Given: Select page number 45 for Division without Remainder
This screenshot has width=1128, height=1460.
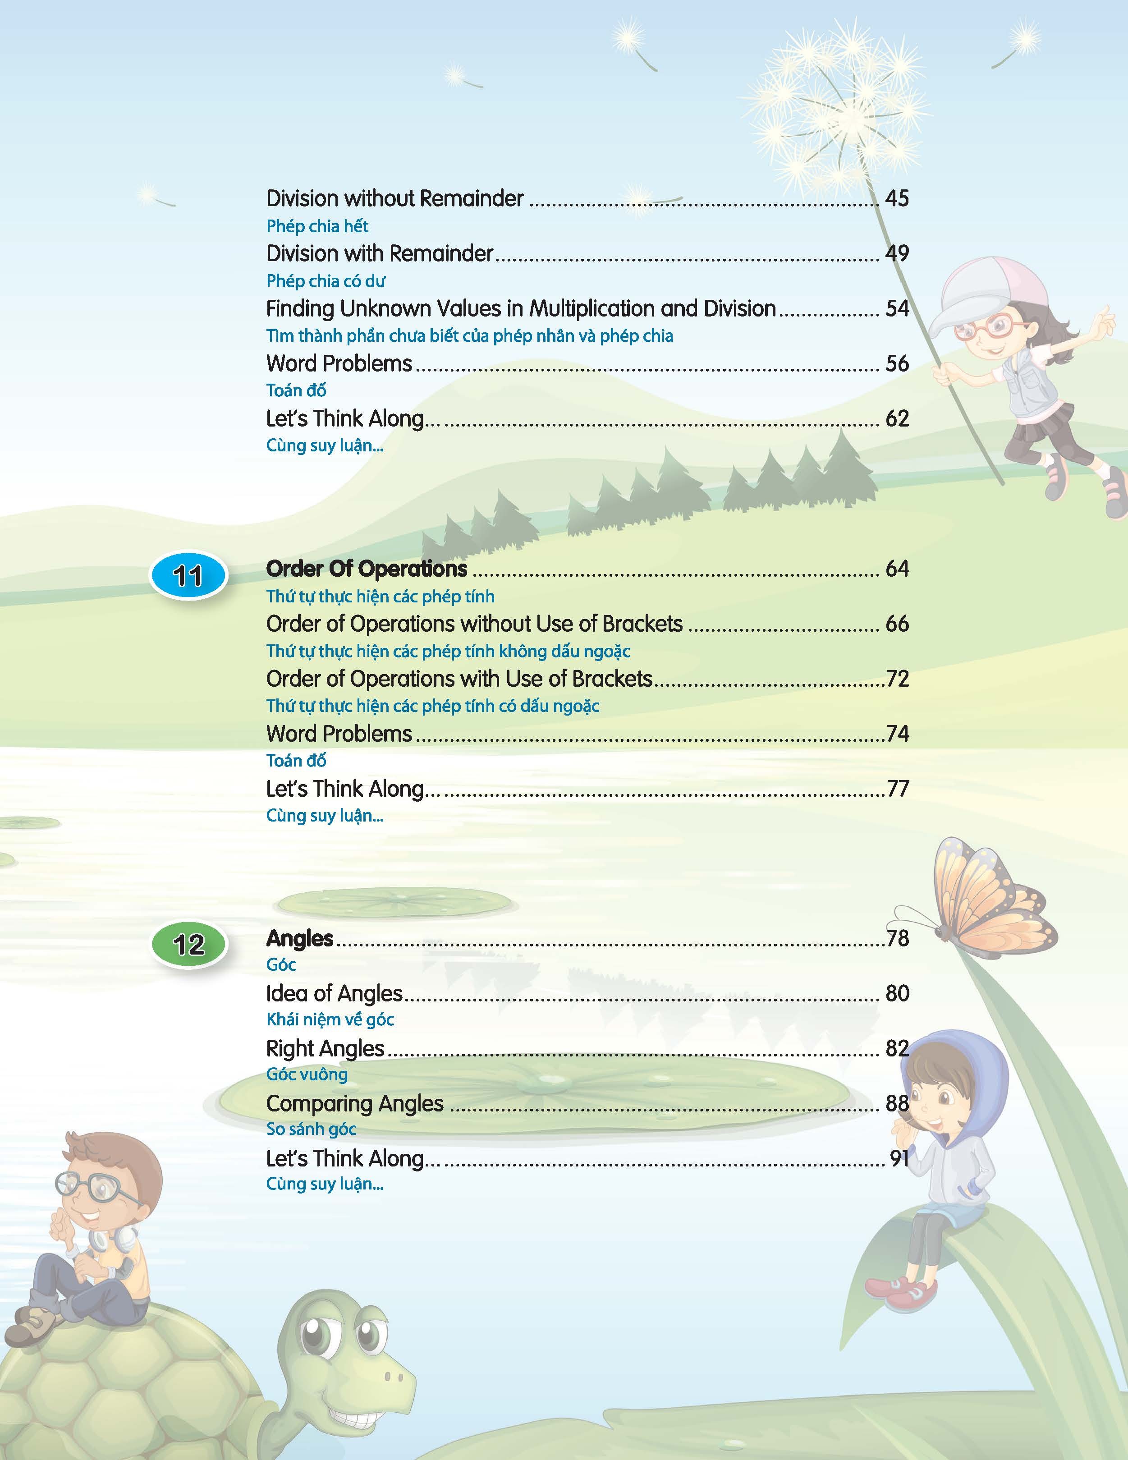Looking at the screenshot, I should [x=897, y=198].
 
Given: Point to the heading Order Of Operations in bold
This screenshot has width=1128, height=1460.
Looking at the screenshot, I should [x=366, y=569].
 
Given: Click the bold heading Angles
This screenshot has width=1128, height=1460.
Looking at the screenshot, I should [x=299, y=939].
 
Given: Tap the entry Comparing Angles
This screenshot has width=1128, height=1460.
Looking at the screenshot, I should [x=354, y=1103].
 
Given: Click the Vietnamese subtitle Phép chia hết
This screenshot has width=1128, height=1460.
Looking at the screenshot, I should [x=317, y=227].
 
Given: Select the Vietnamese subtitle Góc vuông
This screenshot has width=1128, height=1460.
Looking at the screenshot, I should [x=307, y=1074].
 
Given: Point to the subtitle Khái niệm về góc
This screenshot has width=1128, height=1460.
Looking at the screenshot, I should [x=330, y=1019].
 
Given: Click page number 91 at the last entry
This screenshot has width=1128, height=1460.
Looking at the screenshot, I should [x=899, y=1158].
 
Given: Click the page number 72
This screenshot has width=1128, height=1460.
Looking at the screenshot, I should [x=898, y=679].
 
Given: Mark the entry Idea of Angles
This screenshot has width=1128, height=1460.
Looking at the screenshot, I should [x=334, y=993].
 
